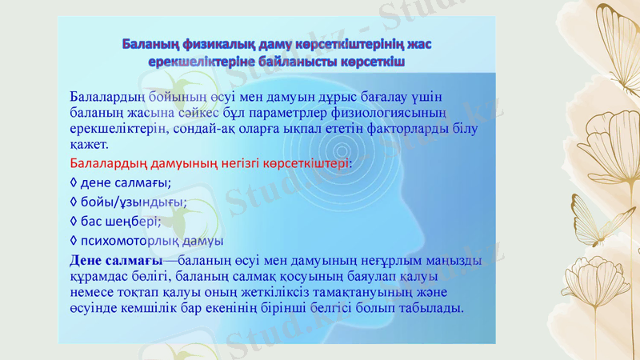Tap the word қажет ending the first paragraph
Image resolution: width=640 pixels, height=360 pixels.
[x=88, y=145]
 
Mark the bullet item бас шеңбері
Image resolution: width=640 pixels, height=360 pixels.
[x=120, y=221]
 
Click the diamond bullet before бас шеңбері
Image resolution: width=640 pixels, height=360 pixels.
[x=74, y=221]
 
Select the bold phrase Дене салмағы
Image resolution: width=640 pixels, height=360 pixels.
[x=116, y=261]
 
